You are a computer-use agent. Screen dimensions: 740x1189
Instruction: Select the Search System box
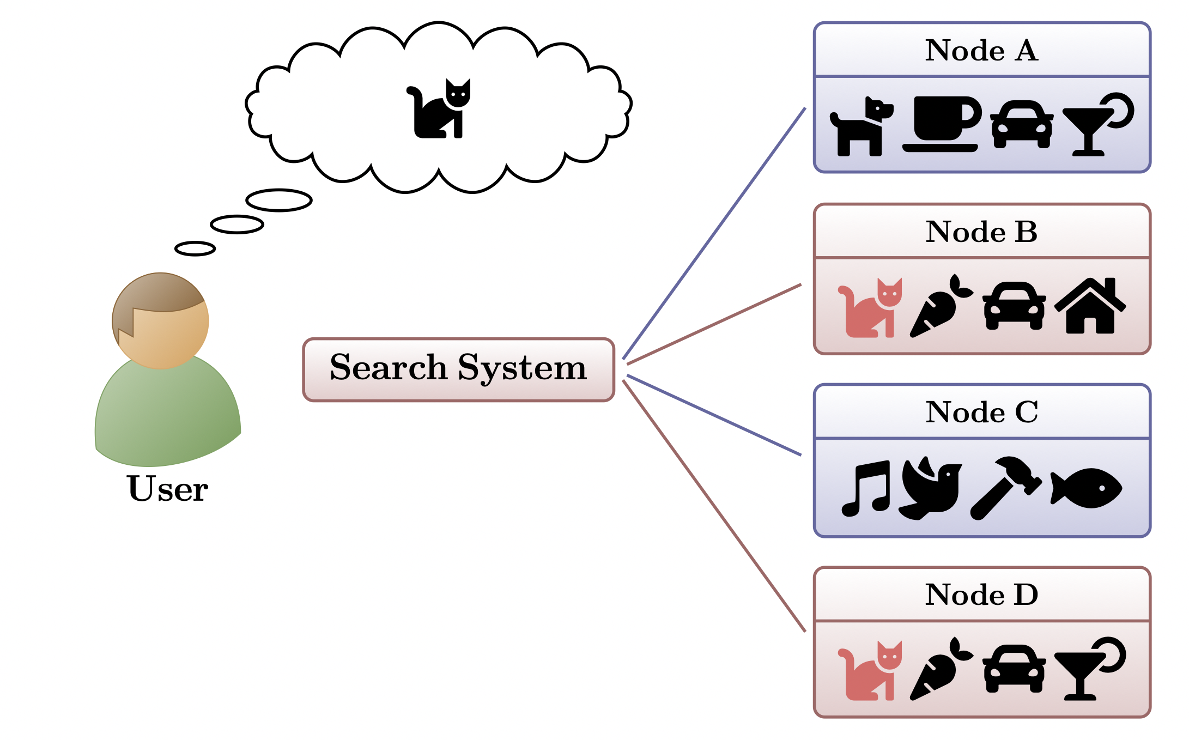(458, 369)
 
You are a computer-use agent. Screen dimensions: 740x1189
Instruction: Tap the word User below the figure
(167, 489)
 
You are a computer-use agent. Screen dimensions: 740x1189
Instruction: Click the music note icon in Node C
(866, 488)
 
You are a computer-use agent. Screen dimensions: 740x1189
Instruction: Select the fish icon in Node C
(1086, 488)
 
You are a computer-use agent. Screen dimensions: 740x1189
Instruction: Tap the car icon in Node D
(1014, 669)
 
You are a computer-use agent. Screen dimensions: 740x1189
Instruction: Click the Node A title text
(981, 50)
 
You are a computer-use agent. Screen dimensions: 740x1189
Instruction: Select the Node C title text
(981, 412)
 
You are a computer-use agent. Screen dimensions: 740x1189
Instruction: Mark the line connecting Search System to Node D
(714, 506)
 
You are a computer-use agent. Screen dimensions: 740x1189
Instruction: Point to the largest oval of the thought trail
(279, 200)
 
